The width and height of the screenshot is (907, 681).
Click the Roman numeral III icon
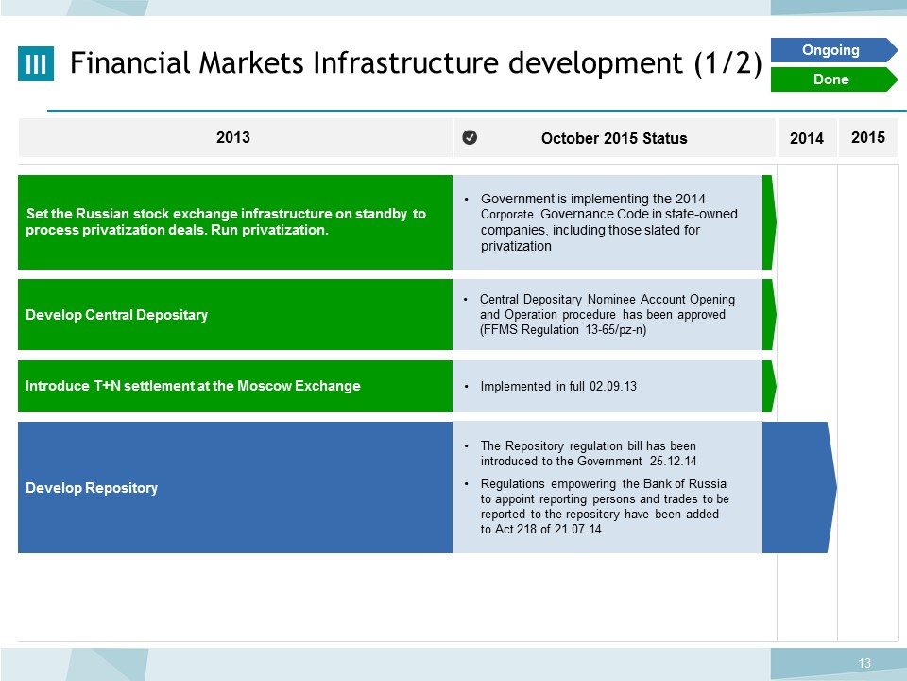pyautogui.click(x=36, y=63)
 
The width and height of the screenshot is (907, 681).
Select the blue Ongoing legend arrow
pyautogui.click(x=833, y=50)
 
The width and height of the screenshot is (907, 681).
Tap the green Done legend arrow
pyautogui.click(x=833, y=79)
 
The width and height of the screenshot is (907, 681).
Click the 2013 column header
pyautogui.click(x=233, y=137)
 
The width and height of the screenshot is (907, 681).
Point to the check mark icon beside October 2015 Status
pyautogui.click(x=470, y=137)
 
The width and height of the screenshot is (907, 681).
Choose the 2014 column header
pyautogui.click(x=807, y=138)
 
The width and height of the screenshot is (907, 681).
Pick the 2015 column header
pyautogui.click(x=868, y=137)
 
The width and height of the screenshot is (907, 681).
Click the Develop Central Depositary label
pyautogui.click(x=117, y=314)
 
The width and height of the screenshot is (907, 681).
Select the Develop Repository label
pyautogui.click(x=92, y=488)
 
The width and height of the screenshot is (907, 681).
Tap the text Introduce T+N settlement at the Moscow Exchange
pyautogui.click(x=193, y=386)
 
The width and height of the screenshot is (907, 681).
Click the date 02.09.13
pyautogui.click(x=613, y=386)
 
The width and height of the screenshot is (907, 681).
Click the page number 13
pyautogui.click(x=864, y=663)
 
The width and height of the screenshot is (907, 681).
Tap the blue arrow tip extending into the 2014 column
pyautogui.click(x=836, y=488)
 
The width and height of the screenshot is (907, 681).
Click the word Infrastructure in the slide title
pyautogui.click(x=405, y=62)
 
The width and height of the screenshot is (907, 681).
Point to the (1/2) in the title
pyautogui.click(x=727, y=63)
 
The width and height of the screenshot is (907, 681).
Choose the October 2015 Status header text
pyautogui.click(x=614, y=138)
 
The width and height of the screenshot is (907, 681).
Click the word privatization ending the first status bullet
pyautogui.click(x=516, y=246)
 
